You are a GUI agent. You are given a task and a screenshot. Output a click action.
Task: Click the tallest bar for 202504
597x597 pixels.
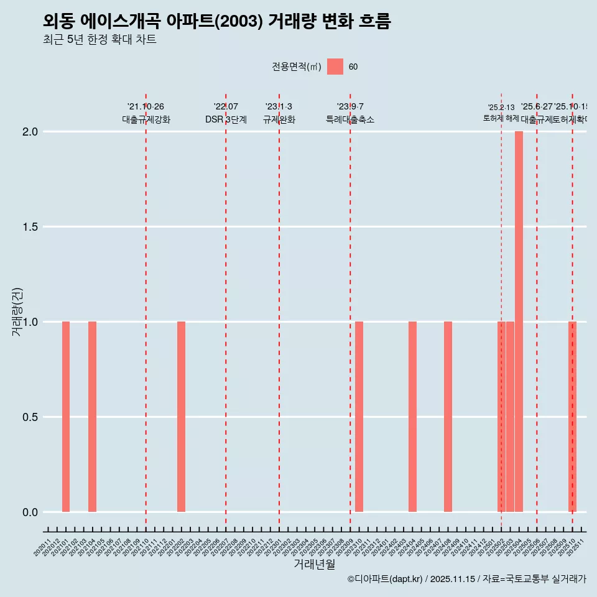coord(519,321)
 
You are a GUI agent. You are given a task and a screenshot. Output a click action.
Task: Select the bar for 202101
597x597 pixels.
coord(66,417)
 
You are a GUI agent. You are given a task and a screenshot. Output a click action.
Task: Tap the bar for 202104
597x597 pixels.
coord(92,417)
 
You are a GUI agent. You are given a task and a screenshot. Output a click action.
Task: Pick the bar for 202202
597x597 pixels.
coord(181,417)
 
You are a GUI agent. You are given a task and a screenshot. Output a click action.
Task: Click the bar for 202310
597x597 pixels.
coord(359,417)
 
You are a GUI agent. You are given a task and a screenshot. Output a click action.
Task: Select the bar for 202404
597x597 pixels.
coord(412,417)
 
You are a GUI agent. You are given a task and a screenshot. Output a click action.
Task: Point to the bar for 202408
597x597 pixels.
coord(448,417)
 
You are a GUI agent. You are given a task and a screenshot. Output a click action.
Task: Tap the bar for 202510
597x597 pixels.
coord(572,417)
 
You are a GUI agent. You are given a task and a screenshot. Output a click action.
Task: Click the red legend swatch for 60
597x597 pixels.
coord(335,67)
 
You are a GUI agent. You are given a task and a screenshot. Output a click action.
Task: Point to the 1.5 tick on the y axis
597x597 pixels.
coord(29,227)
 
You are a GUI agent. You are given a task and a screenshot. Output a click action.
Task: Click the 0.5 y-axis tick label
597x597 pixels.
coord(29,417)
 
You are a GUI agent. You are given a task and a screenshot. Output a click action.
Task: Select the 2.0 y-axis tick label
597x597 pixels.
coord(29,132)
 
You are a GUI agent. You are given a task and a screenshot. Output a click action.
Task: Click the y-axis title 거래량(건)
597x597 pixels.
coord(17,312)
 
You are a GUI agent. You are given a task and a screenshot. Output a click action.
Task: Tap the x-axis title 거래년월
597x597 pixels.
coord(314,564)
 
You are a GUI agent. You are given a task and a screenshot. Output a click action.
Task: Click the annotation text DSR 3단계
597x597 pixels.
coord(226,119)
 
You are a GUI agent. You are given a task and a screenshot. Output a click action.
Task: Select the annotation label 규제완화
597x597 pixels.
coord(279,119)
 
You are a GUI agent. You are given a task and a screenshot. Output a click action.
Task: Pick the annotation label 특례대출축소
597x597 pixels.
coord(350,119)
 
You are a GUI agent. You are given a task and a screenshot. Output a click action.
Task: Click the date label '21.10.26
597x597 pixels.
coord(146,107)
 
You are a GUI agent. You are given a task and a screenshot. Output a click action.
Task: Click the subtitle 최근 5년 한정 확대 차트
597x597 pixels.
coord(99,40)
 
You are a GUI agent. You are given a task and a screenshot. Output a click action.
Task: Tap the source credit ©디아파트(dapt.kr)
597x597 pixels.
coord(385,579)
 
